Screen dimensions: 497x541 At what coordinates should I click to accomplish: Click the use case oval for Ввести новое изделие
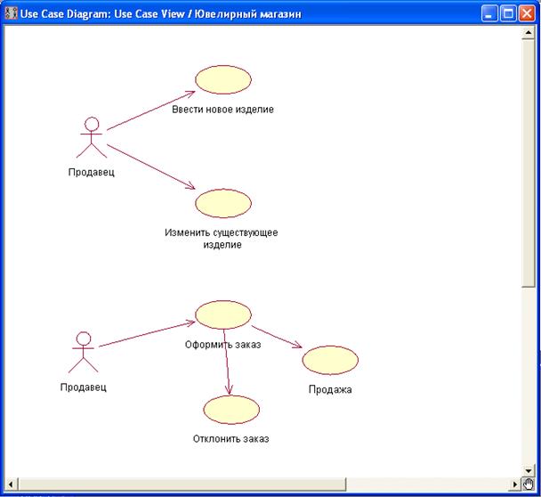[x=223, y=79]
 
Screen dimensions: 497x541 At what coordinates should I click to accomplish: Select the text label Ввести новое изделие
[x=223, y=110]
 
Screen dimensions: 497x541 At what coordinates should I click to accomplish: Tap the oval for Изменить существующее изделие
[x=223, y=203]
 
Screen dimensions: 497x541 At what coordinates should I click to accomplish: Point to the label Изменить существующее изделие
[x=222, y=239]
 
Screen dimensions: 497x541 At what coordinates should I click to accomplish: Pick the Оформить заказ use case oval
[x=223, y=314]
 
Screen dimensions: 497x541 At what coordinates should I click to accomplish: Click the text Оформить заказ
[x=222, y=345]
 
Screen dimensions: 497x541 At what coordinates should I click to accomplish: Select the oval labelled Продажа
[x=330, y=360]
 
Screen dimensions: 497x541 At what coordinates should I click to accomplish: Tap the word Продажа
[x=330, y=389]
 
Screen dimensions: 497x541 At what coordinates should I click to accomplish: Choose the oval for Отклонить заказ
[x=231, y=409]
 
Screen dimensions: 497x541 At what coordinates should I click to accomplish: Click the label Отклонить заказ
[x=230, y=438]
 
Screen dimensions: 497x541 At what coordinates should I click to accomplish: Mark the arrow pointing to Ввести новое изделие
[x=150, y=110]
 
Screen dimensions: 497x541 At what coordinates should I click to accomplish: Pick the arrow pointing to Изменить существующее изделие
[x=150, y=160]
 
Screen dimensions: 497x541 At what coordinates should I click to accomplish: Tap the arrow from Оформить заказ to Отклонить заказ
[x=228, y=362]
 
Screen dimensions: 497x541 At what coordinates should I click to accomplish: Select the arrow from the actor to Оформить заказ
[x=147, y=334]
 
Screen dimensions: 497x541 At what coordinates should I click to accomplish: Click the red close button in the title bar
[x=527, y=13]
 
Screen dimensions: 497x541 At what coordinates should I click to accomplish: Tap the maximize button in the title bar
[x=508, y=13]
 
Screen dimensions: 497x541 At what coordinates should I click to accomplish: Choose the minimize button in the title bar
[x=489, y=13]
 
